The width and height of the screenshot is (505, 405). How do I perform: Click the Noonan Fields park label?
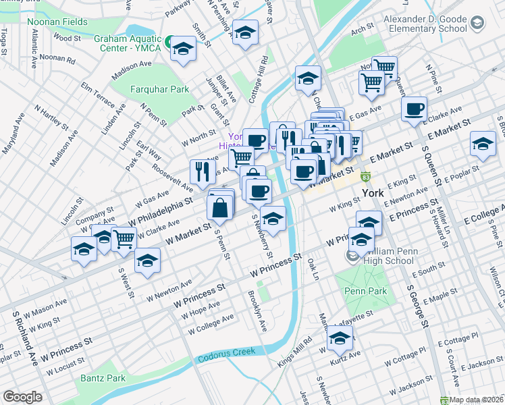(57, 22)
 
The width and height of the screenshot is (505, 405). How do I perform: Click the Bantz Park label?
(103, 379)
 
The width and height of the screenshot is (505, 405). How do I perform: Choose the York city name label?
(373, 193)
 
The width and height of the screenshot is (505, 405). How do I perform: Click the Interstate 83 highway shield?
(365, 178)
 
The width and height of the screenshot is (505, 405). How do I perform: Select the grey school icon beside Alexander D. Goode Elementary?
(477, 24)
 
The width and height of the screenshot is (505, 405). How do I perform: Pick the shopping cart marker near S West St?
(124, 239)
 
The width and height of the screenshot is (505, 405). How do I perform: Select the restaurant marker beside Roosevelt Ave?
(202, 171)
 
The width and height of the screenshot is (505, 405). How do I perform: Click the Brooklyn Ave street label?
(257, 310)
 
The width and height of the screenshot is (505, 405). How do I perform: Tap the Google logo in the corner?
(22, 397)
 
